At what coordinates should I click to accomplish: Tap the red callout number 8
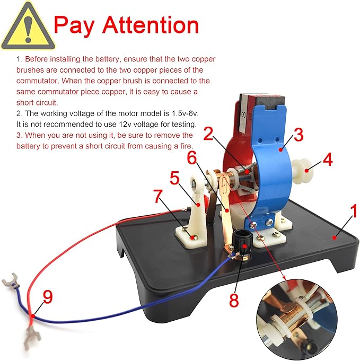(x=234, y=301)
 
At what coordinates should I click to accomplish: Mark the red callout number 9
(x=48, y=297)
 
